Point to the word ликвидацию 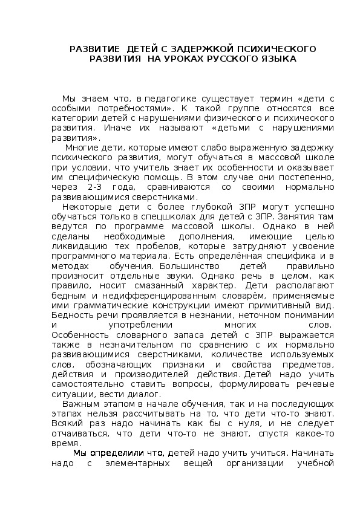[x=79, y=246]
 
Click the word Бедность [x=73, y=315]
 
